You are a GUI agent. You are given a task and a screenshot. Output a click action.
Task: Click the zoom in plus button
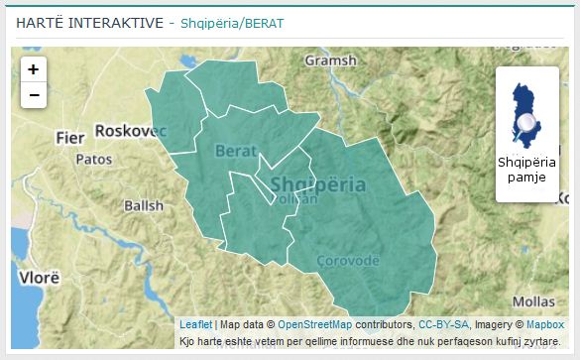34,69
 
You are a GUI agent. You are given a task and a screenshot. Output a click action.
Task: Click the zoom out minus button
34,95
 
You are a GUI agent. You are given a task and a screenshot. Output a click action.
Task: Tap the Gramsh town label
330,60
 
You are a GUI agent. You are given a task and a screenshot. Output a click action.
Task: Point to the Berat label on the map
236,151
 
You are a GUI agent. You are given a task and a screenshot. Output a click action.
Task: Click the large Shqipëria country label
317,184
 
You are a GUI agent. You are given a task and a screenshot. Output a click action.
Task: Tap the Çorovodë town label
347,260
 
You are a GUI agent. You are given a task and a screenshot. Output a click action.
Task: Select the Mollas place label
533,300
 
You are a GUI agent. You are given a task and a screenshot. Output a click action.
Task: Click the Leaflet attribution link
195,324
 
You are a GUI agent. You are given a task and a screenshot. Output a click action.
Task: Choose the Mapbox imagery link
544,324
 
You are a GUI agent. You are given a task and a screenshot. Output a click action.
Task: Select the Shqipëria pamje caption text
527,170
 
